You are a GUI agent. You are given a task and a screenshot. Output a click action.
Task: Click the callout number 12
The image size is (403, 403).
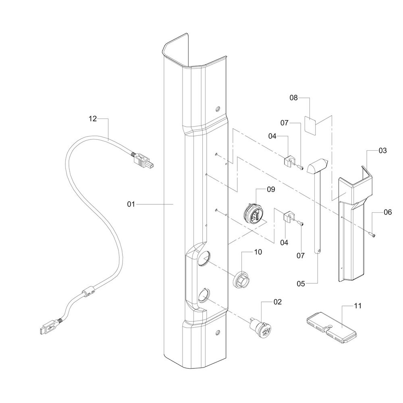[93, 119]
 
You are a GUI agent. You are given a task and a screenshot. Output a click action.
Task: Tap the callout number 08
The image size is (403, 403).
[293, 98]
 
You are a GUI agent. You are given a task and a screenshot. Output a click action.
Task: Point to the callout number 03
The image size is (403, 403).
[383, 151]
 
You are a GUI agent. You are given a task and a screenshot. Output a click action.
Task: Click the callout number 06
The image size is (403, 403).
[388, 212]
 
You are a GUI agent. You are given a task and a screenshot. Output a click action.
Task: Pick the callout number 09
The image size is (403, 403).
[271, 189]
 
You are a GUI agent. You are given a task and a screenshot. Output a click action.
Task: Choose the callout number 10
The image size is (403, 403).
[258, 252]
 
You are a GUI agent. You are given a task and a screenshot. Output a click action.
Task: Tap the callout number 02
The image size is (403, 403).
[278, 302]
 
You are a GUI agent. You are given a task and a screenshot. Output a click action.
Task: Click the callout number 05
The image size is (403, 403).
[301, 284]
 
